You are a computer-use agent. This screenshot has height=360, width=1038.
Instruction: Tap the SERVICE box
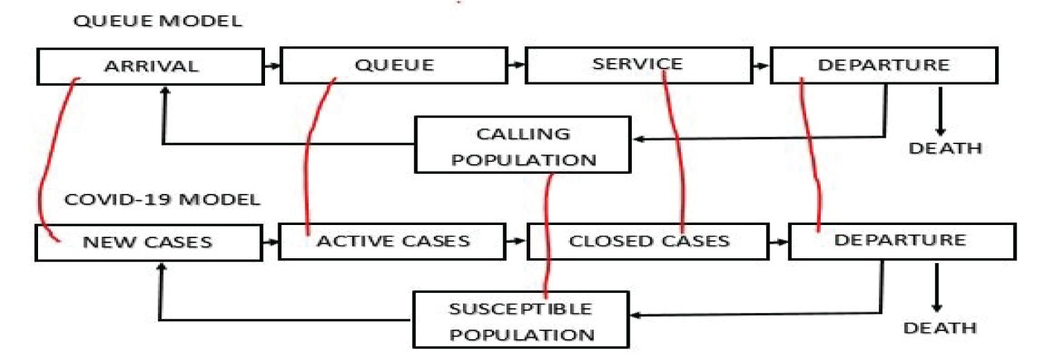tap(637, 65)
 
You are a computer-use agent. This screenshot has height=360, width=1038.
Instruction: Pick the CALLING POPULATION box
tap(523, 145)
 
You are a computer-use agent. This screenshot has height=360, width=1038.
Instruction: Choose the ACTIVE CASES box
tap(392, 241)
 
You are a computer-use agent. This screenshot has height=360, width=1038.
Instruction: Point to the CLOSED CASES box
tap(648, 241)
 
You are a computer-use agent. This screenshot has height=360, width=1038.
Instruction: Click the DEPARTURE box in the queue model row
tap(883, 66)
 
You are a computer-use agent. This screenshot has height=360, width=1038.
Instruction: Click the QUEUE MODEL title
tap(157, 21)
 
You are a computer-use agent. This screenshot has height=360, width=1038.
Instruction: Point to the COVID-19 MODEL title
tap(162, 200)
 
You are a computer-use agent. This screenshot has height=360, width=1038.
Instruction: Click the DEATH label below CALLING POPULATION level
tap(945, 148)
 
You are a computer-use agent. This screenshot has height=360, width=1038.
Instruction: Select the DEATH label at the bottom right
tap(939, 327)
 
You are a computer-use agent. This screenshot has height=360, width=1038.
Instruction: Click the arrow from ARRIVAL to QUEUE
tap(271, 66)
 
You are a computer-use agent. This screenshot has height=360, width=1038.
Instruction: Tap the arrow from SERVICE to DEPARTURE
tap(761, 66)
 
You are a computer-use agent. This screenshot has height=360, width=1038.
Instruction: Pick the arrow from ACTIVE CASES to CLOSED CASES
tap(516, 241)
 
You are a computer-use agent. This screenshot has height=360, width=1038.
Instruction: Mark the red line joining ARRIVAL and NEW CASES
tap(43, 159)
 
